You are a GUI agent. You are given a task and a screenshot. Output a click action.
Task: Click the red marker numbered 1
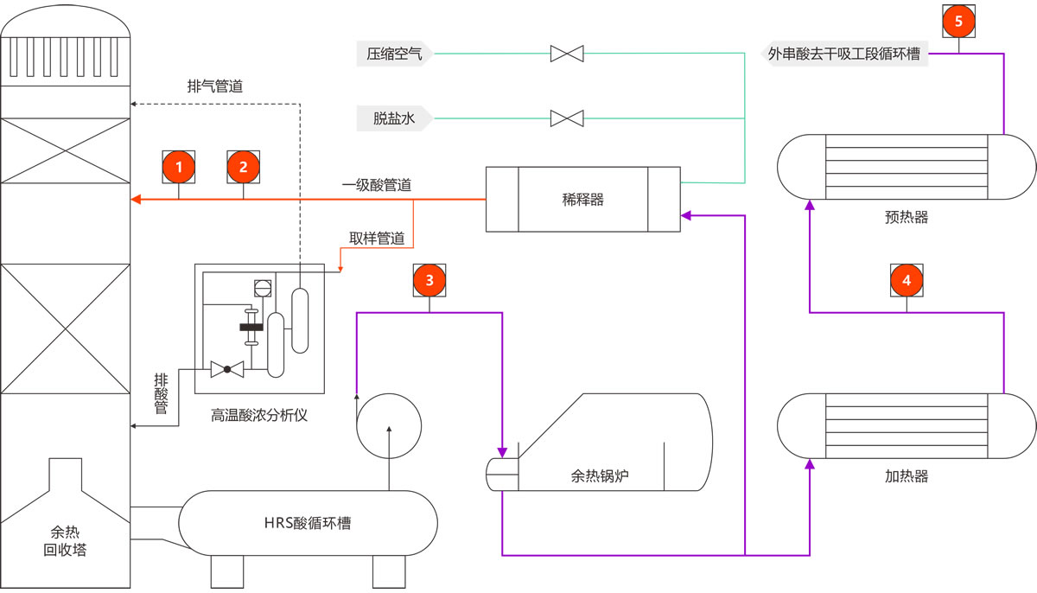[179, 166]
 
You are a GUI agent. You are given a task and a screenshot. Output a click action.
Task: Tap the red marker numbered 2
[243, 166]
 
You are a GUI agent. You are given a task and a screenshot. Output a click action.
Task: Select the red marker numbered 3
[429, 278]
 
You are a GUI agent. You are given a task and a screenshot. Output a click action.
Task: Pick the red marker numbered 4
[907, 279]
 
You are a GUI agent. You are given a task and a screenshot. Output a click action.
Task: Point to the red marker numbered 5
[957, 21]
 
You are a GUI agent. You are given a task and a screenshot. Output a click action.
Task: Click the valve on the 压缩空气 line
[567, 54]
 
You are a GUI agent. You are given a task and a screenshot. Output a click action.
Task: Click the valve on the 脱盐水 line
[567, 118]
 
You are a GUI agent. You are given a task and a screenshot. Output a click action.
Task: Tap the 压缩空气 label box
[394, 54]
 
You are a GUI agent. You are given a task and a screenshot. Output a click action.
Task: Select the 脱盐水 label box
[394, 118]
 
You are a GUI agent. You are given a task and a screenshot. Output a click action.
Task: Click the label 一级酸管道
[376, 184]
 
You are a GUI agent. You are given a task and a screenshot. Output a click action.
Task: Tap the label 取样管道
[377, 239]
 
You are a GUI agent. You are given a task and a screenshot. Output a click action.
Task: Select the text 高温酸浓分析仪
[259, 415]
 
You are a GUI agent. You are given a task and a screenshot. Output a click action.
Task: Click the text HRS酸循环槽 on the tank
[308, 523]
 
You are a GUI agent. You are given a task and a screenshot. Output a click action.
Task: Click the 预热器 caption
[907, 217]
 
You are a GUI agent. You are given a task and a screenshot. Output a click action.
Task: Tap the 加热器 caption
[907, 475]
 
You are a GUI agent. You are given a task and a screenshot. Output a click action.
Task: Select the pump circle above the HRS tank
[389, 425]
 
